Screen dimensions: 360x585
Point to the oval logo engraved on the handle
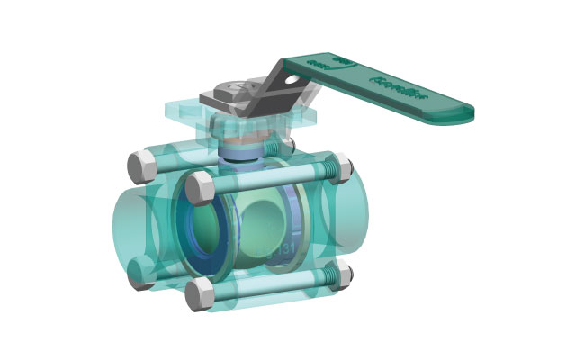click(321, 64)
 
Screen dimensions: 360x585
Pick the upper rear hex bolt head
click(141, 165)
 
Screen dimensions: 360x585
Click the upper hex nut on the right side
click(340, 167)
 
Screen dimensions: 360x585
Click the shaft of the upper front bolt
click(270, 179)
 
